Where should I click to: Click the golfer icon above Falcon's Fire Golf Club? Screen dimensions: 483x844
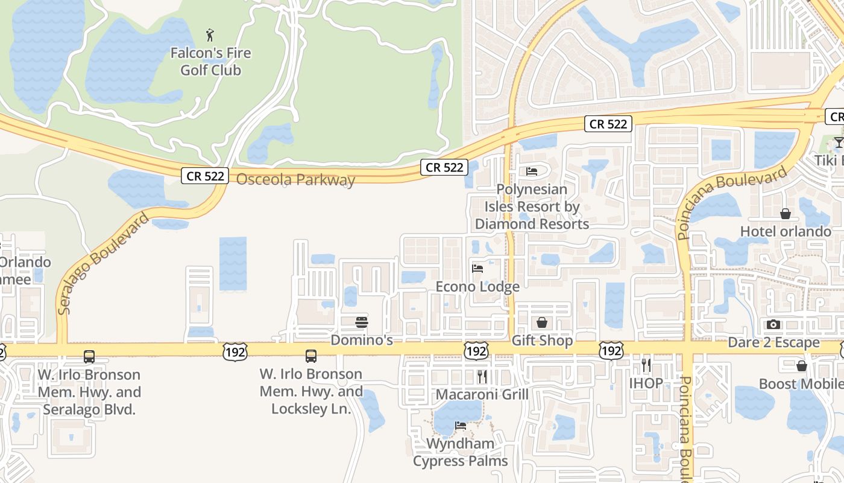[210, 35]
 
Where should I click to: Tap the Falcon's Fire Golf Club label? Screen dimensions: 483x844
[210, 62]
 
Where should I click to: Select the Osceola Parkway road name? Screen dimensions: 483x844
[295, 179]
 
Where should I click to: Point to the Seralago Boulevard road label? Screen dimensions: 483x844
[104, 264]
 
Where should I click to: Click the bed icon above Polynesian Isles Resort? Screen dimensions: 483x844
[531, 171]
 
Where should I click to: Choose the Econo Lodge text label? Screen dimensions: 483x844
[477, 287]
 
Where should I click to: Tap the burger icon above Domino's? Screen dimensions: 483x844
[362, 322]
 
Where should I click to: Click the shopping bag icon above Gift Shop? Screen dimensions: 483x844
[542, 322]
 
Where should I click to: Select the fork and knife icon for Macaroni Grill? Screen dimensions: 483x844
[482, 377]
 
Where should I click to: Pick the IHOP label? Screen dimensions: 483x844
[646, 383]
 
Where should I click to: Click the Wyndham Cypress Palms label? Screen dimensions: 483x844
[461, 452]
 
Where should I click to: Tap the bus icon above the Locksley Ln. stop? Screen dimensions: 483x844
[311, 356]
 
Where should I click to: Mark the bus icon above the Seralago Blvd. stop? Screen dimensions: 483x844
[89, 357]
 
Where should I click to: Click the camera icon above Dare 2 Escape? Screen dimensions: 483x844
[773, 325]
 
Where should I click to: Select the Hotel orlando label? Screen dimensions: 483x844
[786, 232]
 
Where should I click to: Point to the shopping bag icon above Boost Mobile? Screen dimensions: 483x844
[802, 366]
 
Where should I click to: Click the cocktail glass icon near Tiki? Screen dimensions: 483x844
[838, 142]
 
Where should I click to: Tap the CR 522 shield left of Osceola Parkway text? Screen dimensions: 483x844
[205, 176]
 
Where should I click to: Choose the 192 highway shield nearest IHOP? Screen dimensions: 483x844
[611, 351]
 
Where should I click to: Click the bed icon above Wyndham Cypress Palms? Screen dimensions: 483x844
[461, 426]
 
